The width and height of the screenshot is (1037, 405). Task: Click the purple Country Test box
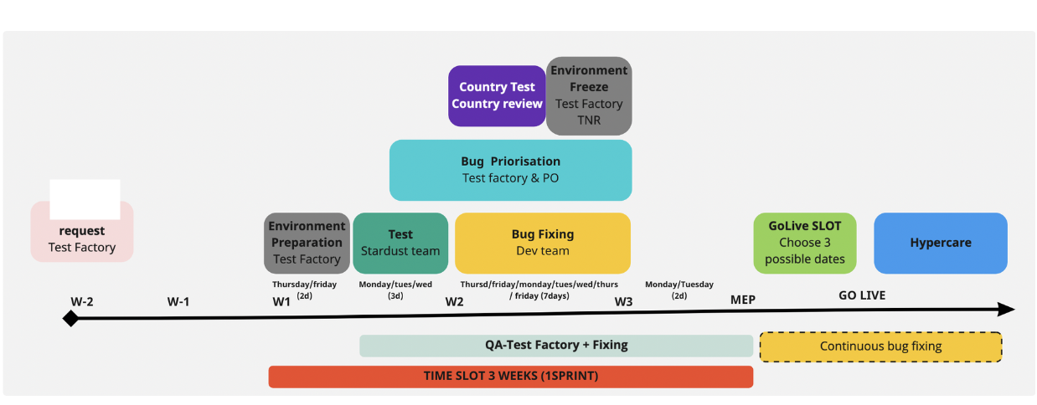coord(497,95)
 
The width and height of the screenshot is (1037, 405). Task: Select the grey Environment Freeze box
coord(589,95)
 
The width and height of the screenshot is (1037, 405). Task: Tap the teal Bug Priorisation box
coord(510,170)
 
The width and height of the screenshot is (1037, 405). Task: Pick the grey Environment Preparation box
coord(307,243)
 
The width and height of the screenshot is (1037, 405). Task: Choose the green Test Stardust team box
coord(400,243)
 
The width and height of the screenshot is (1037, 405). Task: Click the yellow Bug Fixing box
coord(542,243)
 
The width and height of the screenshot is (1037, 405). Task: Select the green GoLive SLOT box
coord(804,243)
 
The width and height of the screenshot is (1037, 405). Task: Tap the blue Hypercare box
coord(940,243)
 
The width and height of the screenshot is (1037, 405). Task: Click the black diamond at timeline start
coord(70,318)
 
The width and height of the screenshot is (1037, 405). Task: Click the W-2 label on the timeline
coord(82,301)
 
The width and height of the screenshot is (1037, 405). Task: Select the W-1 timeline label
coord(178,301)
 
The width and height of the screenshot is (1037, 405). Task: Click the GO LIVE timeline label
coord(861,295)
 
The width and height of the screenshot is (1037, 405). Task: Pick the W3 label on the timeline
coord(623,301)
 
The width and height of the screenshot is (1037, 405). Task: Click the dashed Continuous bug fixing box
coord(880,346)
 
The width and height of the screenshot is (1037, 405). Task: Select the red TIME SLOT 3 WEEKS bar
coord(510,377)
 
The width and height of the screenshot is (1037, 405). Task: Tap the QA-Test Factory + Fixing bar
coord(555,346)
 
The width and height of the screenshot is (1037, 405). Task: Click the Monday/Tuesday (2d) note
coord(678,290)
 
